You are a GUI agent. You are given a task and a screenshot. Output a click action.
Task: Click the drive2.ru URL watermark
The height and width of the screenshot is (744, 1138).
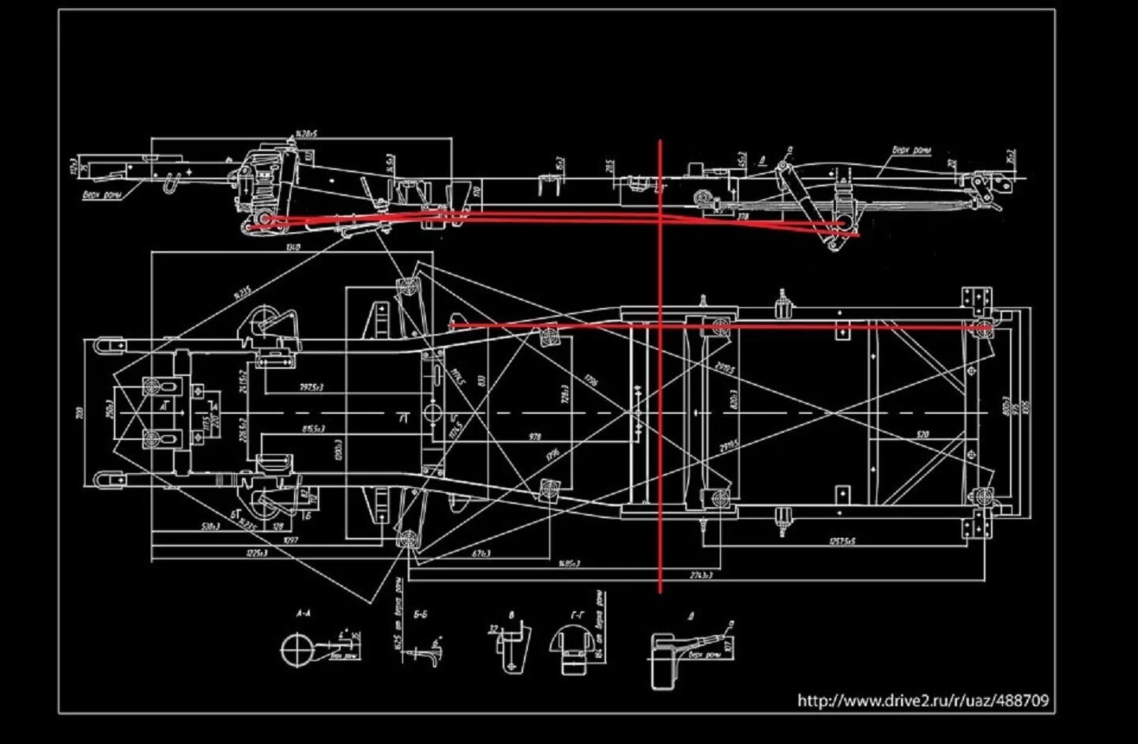point(923,700)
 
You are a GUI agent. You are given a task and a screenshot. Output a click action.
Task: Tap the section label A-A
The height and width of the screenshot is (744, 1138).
point(303,613)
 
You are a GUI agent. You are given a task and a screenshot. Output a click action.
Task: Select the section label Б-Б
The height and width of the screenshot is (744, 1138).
point(420,613)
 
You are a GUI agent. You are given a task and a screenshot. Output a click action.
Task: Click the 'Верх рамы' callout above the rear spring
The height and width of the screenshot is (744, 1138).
point(911,150)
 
